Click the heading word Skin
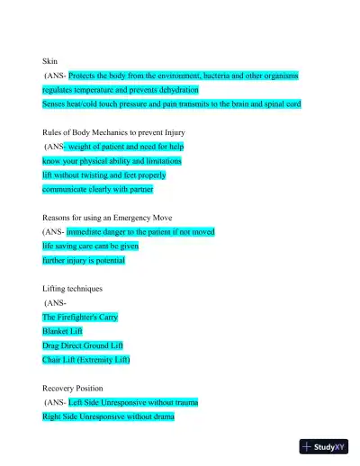pos(49,61)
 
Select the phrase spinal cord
pos(278,104)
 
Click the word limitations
pos(159,161)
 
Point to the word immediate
pos(90,231)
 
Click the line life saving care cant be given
pos(90,246)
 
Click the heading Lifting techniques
pos(73,289)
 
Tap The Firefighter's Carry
pos(80,318)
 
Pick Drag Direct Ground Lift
pos(83,345)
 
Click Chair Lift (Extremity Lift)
pos(86,360)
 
